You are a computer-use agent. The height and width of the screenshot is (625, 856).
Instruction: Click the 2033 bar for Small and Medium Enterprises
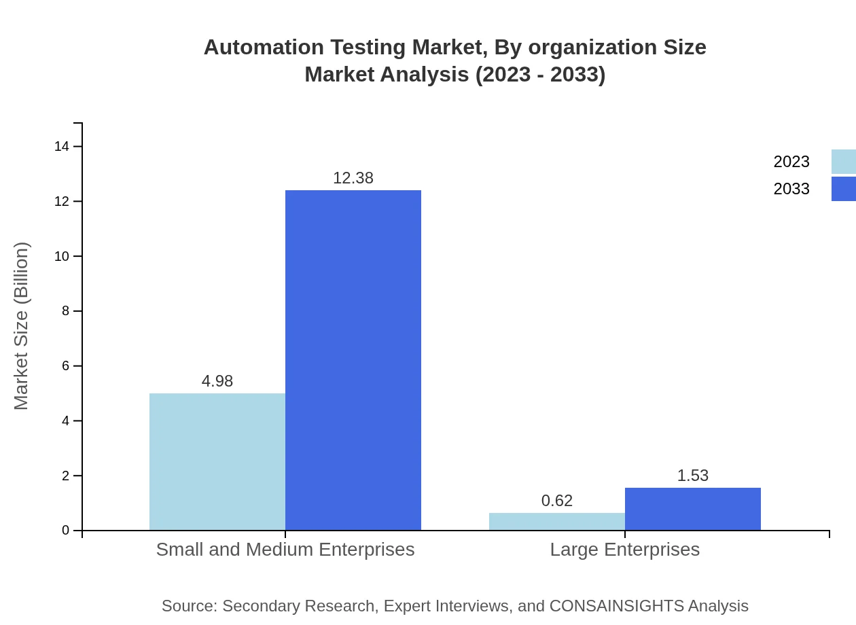(x=353, y=360)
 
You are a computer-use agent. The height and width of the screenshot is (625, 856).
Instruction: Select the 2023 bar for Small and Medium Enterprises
(x=217, y=462)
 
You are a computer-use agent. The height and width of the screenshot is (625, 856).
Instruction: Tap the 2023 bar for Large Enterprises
(x=557, y=522)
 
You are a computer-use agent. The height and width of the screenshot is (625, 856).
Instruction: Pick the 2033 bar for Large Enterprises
(x=693, y=509)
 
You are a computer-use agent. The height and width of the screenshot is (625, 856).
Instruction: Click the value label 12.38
(x=353, y=178)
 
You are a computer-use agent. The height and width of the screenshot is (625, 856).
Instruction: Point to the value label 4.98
(x=217, y=381)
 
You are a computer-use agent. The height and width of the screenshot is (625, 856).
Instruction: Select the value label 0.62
(x=557, y=501)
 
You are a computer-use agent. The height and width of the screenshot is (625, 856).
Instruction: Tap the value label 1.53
(x=693, y=476)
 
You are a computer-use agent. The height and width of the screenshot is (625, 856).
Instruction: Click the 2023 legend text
(x=791, y=162)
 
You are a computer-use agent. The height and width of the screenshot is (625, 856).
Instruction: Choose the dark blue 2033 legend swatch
(x=844, y=189)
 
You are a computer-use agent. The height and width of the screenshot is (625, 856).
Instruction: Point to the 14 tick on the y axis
(x=62, y=146)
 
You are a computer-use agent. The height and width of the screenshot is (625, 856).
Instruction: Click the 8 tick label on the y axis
(x=66, y=311)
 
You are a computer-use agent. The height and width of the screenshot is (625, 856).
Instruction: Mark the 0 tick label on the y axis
(x=66, y=531)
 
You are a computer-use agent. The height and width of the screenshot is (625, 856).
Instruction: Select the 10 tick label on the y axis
(x=62, y=256)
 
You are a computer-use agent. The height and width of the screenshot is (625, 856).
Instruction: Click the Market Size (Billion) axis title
(x=22, y=326)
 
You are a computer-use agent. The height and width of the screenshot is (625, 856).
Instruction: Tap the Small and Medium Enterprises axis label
(x=285, y=549)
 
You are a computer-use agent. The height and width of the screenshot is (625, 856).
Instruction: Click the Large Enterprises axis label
(x=625, y=549)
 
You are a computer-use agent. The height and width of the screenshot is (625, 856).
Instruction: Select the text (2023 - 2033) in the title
(x=540, y=74)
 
